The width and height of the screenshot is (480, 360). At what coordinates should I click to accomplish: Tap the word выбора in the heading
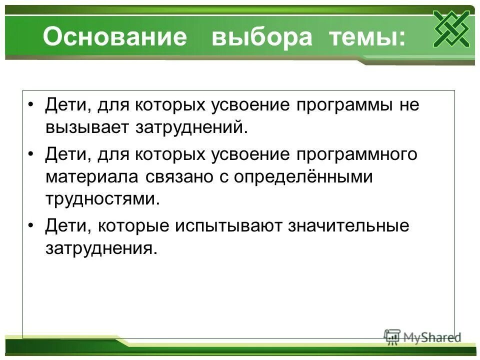pos(261,38)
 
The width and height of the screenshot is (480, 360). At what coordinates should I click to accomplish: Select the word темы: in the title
pos(367,38)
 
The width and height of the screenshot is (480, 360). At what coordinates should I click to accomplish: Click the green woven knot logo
pos(451,28)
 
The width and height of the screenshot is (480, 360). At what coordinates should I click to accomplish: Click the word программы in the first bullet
pos(343,106)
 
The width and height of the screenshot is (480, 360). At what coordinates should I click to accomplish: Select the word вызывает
pos(86,127)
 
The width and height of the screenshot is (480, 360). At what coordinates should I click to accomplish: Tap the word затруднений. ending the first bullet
pos(191,127)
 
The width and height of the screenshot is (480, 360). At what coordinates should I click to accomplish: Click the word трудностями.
pos(103,199)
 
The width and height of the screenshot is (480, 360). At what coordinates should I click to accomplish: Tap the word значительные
pos(348,225)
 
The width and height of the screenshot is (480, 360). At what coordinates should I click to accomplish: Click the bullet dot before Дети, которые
pos(31,226)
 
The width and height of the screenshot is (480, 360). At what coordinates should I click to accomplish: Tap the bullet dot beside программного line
pos(31,155)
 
